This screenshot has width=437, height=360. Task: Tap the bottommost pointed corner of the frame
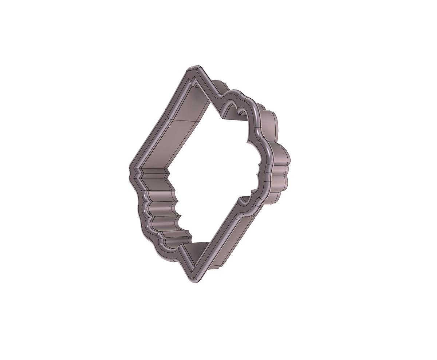click(x=193, y=281)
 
